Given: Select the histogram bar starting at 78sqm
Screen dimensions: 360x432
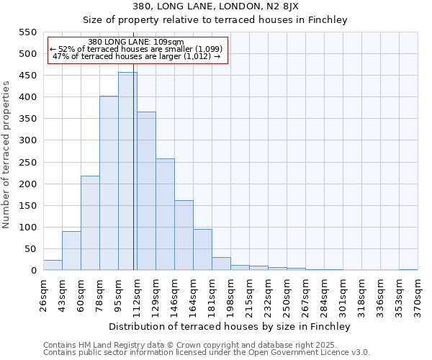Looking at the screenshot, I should pos(109,184).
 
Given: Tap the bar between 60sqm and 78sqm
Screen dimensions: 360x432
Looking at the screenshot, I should pos(90,223).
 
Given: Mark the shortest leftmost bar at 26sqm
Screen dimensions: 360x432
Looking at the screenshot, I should pos(53,265).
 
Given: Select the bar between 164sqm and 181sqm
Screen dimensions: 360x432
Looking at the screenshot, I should pos(202,250).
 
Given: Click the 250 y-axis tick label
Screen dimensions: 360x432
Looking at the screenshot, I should pos(28,162).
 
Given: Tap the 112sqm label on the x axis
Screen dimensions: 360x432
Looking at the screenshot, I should pos(137,294).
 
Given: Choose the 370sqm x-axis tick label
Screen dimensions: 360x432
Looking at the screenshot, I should pos(418,294).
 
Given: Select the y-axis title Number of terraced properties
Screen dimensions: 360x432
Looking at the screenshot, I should pos(7,155).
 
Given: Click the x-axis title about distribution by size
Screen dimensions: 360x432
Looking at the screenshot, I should pos(230,327).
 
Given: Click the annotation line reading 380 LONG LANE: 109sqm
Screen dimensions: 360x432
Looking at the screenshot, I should pos(137,42).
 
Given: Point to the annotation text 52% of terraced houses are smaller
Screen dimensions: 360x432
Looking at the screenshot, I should pos(137,49).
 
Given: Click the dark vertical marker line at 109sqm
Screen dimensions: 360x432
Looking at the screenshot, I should pos(134,180).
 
